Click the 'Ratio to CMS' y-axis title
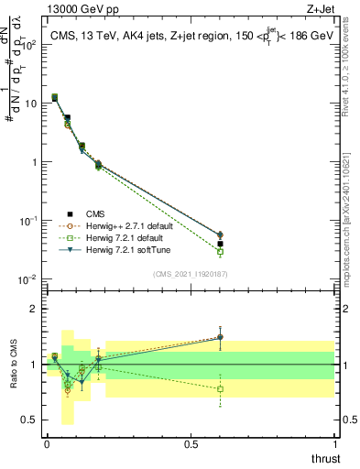13,365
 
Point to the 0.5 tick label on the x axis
191,442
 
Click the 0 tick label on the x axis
47,442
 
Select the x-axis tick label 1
334,442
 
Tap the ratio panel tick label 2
35,309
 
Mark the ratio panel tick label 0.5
31,420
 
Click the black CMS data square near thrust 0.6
219,245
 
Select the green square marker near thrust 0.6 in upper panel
219,252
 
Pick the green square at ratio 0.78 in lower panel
219,388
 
